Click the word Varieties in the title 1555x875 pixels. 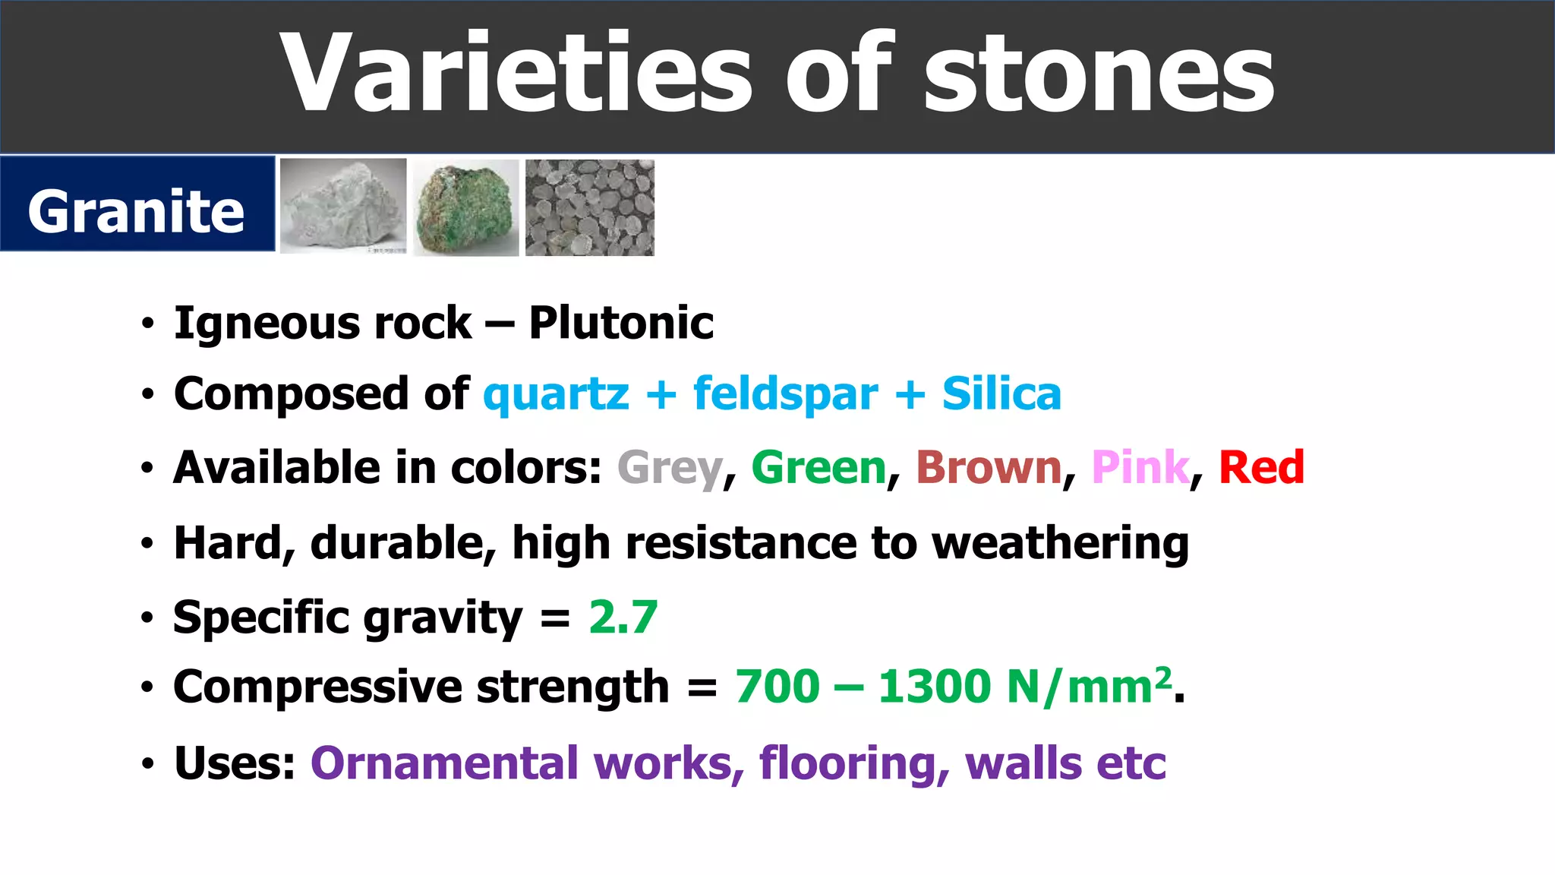[x=516, y=74]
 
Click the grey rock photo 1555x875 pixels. [x=343, y=206]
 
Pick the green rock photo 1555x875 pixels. [x=465, y=208]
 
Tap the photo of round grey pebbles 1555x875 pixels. [x=589, y=207]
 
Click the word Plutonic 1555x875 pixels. [x=621, y=324]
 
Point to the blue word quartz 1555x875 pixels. [x=556, y=395]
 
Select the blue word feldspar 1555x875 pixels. [x=785, y=395]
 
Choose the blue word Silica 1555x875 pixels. [x=1001, y=394]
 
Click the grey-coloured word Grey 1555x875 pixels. [x=670, y=468]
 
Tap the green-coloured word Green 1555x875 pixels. [x=819, y=467]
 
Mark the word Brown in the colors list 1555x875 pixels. [x=989, y=467]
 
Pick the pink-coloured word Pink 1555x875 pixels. [x=1140, y=467]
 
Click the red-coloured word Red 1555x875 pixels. [x=1261, y=467]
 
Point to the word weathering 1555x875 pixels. [x=1060, y=544]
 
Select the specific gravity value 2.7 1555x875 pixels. [x=623, y=617]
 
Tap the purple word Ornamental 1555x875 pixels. [x=444, y=763]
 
